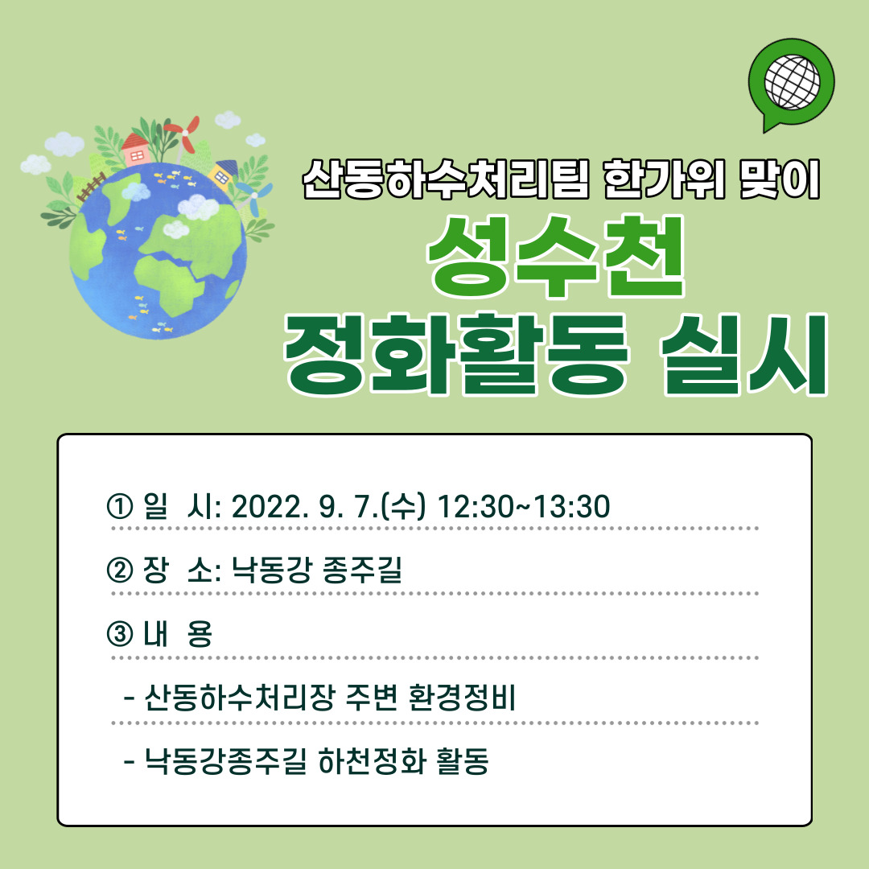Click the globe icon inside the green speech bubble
[791, 81]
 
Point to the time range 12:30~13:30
[522, 507]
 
